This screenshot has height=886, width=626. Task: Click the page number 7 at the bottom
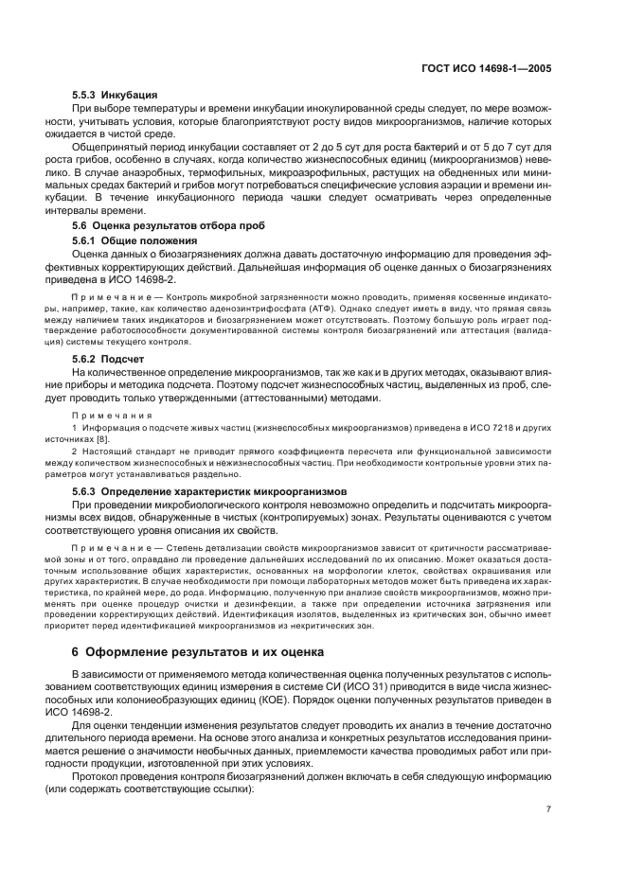(549, 808)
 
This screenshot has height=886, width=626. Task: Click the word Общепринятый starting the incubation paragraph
(114, 150)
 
